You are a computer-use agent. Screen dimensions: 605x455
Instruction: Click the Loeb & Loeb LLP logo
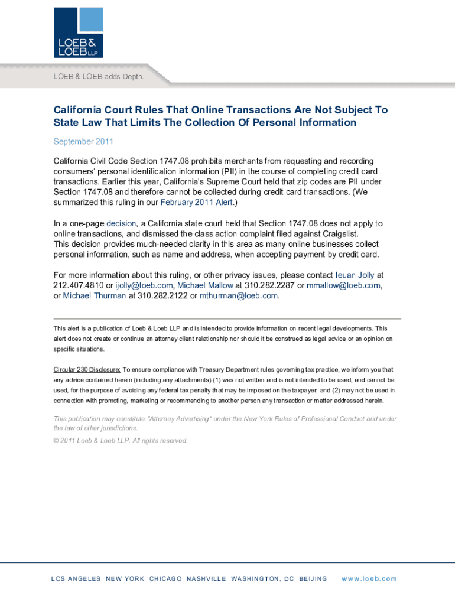(79, 32)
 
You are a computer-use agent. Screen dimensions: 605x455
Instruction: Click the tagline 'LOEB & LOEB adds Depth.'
(98, 77)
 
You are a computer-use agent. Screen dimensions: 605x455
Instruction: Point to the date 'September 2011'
(83, 142)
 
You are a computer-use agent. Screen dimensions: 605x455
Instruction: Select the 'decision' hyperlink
(121, 223)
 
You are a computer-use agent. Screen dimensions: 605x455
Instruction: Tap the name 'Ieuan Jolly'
(355, 275)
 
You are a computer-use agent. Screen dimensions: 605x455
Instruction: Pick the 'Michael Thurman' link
(95, 295)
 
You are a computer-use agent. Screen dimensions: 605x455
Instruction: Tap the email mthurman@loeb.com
(238, 295)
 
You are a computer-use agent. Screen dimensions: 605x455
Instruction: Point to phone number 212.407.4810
(79, 285)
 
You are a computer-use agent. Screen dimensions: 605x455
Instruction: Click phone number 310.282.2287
(269, 285)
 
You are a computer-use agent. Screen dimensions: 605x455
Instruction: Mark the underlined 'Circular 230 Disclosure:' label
(87, 369)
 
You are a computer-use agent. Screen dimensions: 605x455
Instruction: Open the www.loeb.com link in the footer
(369, 578)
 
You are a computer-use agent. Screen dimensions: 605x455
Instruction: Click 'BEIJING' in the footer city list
(313, 578)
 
